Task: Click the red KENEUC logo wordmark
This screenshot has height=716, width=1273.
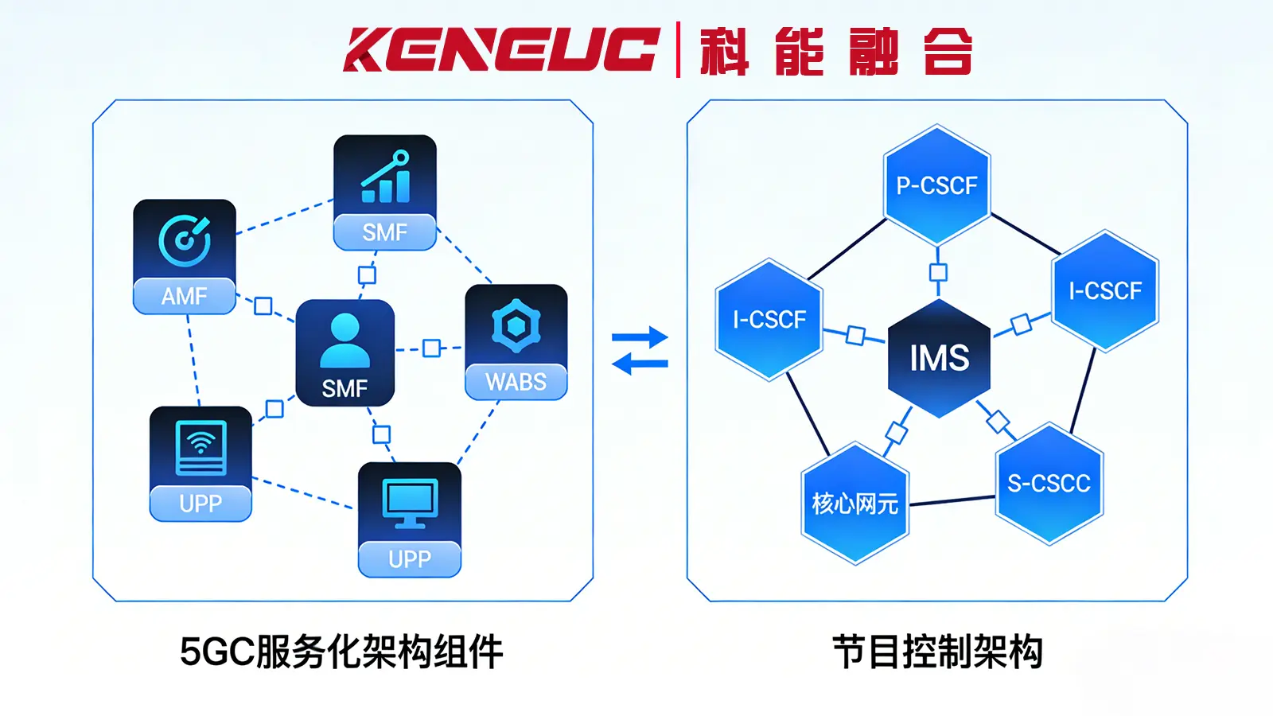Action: (501, 49)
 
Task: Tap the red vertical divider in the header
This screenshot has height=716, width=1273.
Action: (678, 49)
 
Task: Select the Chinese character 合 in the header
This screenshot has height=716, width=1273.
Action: (948, 51)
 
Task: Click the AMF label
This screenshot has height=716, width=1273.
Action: (185, 296)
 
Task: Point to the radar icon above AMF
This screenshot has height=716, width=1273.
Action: (185, 240)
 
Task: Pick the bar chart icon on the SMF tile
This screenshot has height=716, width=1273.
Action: (386, 177)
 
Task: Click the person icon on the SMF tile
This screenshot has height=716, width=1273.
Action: (345, 340)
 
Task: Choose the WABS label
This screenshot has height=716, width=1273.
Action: (516, 382)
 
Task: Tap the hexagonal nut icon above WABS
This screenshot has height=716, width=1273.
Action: (516, 325)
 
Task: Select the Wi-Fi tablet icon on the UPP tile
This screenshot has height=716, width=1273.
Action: (200, 447)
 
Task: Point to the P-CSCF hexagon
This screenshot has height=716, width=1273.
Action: (937, 185)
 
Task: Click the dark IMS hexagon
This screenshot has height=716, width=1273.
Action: (940, 358)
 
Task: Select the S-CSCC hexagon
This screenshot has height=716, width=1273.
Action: (1049, 483)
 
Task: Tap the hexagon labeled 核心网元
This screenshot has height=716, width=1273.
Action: (855, 503)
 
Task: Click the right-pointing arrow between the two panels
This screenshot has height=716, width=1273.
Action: (640, 337)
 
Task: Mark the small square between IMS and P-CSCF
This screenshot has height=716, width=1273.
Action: (938, 273)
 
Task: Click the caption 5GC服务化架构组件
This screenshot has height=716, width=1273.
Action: (341, 652)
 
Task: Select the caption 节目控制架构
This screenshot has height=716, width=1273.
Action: (937, 652)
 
